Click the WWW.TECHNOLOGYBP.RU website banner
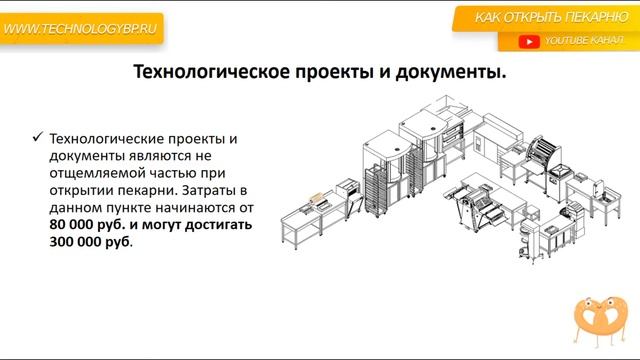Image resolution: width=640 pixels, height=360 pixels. click(80, 30)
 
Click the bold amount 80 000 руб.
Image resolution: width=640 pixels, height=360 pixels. click(83, 226)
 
